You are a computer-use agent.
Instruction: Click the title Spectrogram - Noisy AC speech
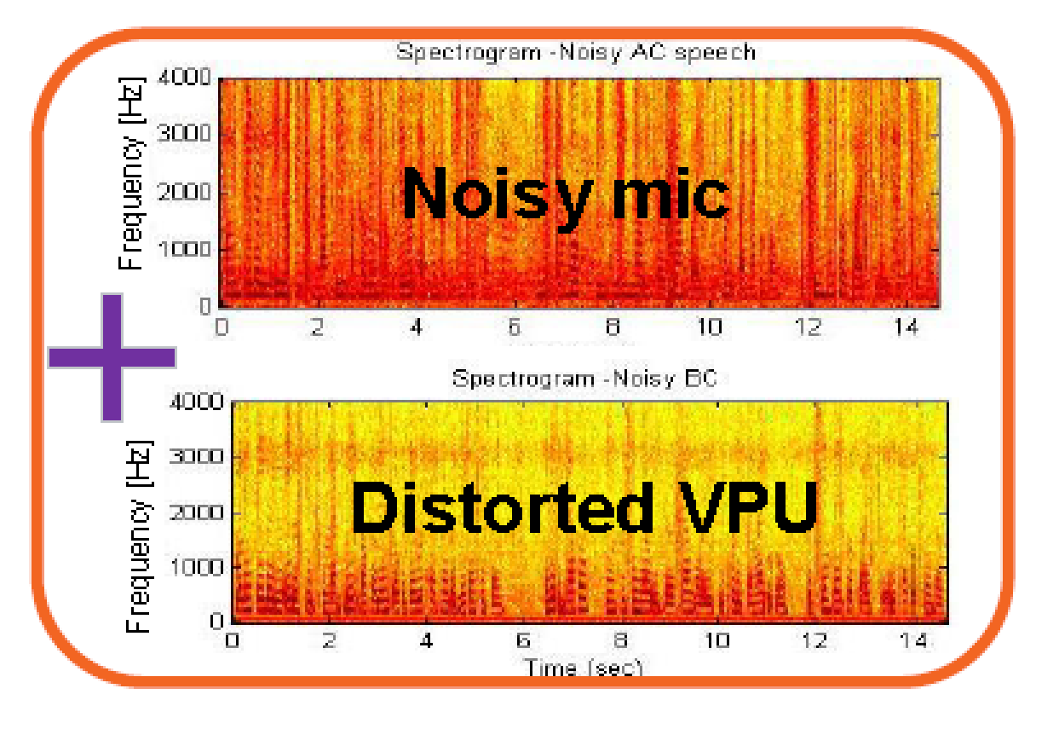(x=576, y=52)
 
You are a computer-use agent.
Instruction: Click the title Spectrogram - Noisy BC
(x=584, y=378)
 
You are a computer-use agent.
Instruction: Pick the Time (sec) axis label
(x=583, y=668)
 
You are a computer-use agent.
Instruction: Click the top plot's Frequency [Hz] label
(x=132, y=173)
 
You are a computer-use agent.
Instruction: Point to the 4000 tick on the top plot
(x=185, y=78)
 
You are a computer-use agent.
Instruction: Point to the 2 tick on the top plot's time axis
(x=318, y=327)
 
